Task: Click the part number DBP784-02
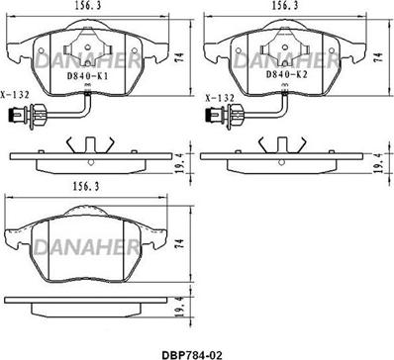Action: coord(192,355)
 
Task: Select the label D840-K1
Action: coord(87,76)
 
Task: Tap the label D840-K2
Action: coord(286,75)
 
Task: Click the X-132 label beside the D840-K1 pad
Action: coord(15,95)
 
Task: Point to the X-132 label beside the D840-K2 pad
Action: coord(220,98)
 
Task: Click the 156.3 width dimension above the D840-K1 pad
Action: coord(87,6)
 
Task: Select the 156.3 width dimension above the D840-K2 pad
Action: coord(285,6)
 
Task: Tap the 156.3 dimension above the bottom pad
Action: coord(86,187)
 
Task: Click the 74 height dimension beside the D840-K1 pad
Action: coord(180,57)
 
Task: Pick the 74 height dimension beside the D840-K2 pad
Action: coord(379,57)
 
